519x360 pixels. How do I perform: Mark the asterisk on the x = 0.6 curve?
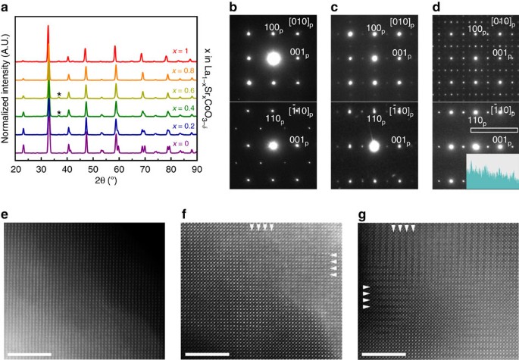58,94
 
